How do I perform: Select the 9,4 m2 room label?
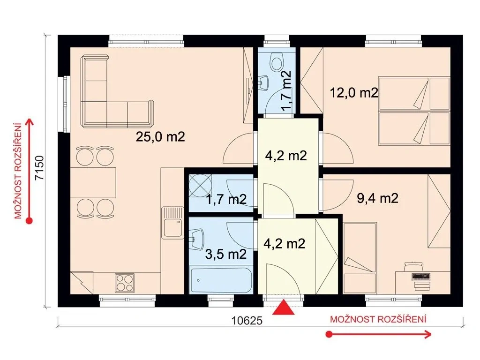pos(377,198)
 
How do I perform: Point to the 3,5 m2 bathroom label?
pos(226,254)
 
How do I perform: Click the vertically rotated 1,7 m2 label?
pos(285,90)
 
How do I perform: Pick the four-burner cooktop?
pos(125,283)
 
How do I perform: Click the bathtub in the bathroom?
pos(221,280)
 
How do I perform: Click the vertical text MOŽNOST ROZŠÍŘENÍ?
pos(19,171)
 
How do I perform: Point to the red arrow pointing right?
pos(379,334)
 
